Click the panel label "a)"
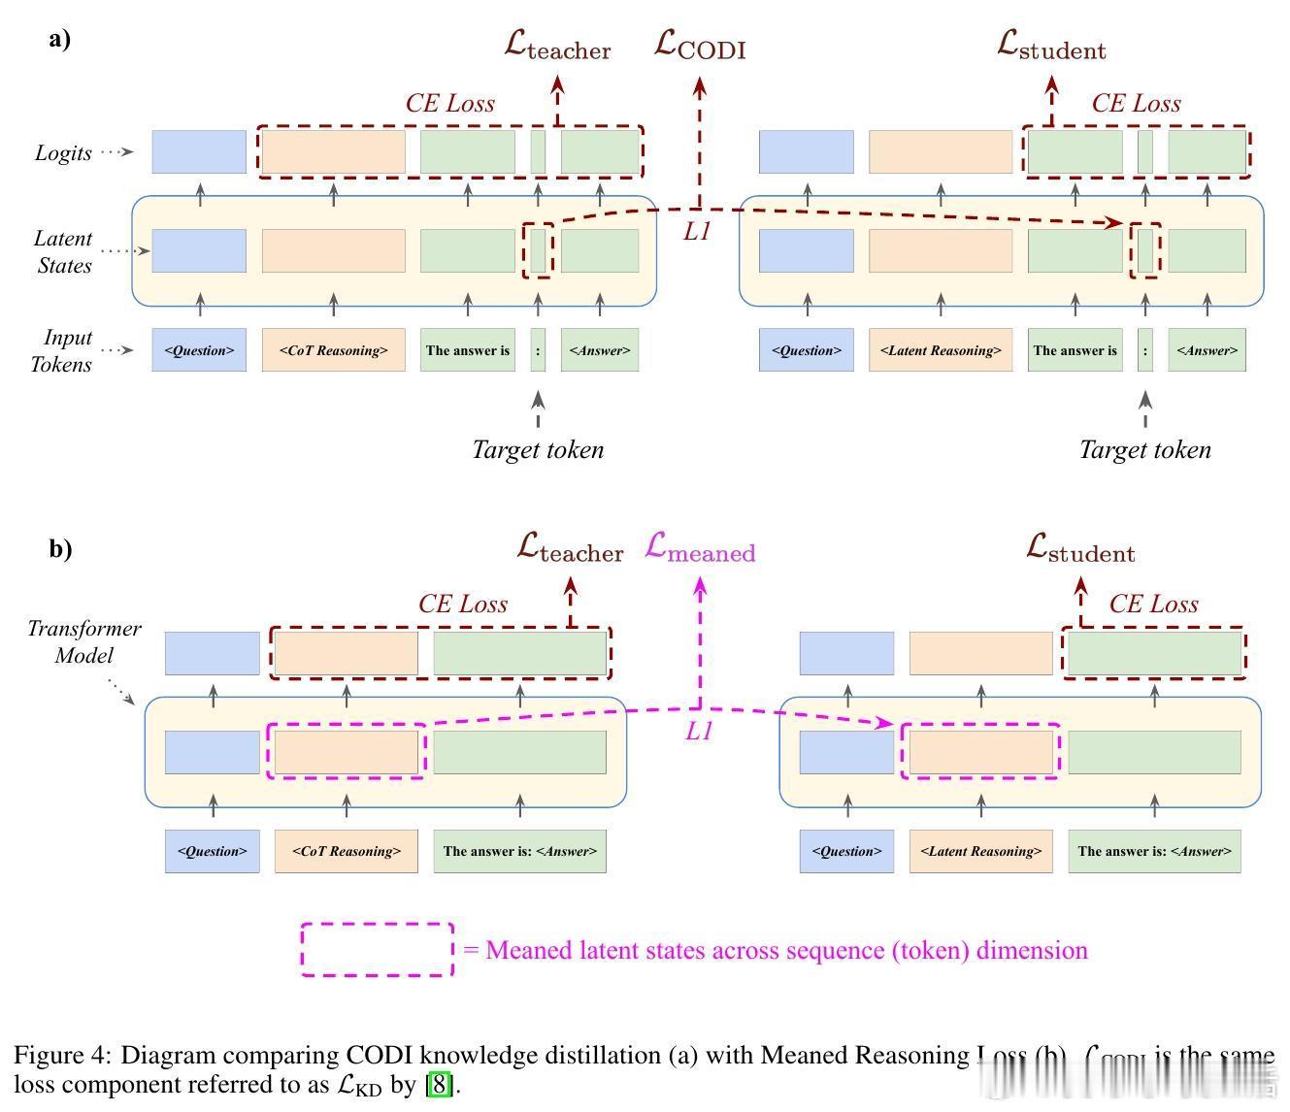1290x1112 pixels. pos(59,40)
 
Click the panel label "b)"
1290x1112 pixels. pos(60,548)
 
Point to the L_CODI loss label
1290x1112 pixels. pos(699,46)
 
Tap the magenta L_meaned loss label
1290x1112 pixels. pos(699,548)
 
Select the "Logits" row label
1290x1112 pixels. pos(63,153)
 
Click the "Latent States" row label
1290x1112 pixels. pos(63,251)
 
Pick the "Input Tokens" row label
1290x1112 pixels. pos(65,350)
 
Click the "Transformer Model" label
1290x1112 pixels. pos(83,641)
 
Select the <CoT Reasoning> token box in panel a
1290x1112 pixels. pos(333,350)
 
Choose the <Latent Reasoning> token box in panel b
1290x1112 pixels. pos(980,851)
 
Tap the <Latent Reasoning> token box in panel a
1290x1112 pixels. pos(940,350)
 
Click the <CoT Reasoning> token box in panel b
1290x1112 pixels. pos(346,851)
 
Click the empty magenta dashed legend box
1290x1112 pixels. pos(377,949)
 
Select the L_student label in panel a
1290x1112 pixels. pos(1051,46)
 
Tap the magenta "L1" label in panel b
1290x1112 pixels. pos(699,732)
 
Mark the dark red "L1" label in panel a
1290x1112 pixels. pos(697,232)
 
